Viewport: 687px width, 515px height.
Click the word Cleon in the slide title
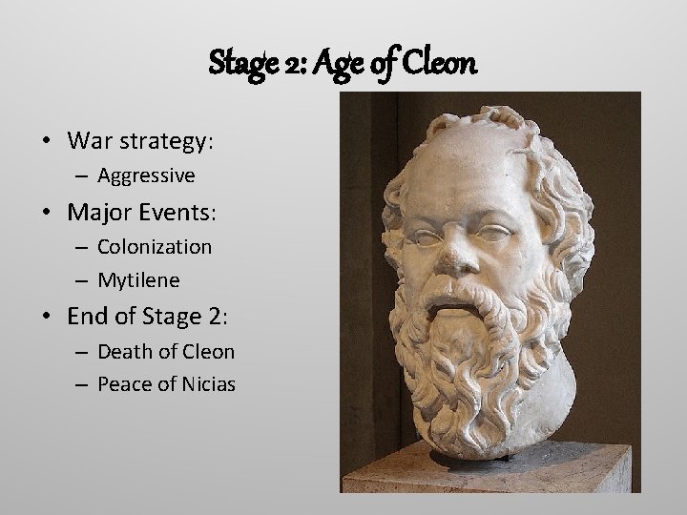[440, 64]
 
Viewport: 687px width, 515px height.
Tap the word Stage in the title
[241, 65]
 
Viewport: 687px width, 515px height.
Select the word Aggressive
[146, 175]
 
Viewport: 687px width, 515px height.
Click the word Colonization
[155, 246]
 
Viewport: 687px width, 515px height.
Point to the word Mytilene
[138, 281]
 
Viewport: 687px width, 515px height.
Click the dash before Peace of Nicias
[81, 385]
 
